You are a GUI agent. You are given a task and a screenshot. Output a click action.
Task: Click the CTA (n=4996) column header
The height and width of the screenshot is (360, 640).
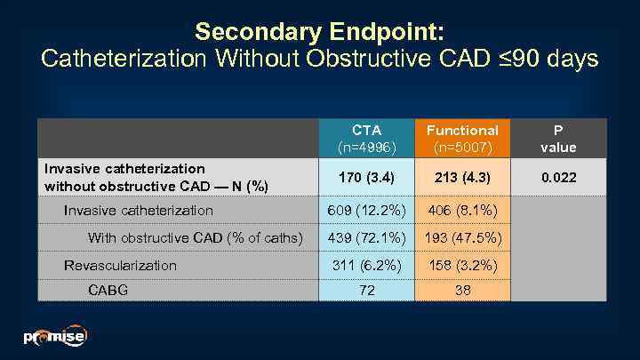(x=366, y=138)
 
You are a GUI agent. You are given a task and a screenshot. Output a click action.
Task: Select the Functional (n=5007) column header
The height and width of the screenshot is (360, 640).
(x=462, y=138)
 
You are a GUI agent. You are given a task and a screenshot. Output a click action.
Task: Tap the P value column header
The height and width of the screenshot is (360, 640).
(x=559, y=138)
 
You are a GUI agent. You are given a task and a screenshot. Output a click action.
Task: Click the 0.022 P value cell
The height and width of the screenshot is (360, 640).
(x=559, y=178)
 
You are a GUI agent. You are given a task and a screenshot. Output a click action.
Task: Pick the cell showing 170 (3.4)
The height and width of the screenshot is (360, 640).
(x=366, y=178)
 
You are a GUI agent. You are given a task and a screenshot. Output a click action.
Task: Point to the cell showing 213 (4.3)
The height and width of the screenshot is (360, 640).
(x=462, y=178)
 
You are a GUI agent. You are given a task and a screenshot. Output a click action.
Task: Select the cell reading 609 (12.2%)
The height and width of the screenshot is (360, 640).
(x=366, y=211)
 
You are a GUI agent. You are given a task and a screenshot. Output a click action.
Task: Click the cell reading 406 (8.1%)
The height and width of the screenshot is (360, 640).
(x=462, y=211)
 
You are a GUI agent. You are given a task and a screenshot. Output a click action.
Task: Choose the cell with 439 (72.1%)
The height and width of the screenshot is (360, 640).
(x=366, y=237)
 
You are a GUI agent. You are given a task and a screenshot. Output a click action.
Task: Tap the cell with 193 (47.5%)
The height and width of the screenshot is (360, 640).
(x=462, y=237)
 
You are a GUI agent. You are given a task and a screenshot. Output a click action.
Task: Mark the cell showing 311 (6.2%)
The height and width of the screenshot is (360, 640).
(x=366, y=265)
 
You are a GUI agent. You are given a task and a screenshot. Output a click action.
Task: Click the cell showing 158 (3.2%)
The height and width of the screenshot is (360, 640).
(x=462, y=265)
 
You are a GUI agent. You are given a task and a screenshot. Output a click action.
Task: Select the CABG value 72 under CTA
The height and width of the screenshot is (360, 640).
(x=366, y=291)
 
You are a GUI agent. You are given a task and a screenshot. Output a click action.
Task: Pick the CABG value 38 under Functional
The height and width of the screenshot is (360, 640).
(x=462, y=291)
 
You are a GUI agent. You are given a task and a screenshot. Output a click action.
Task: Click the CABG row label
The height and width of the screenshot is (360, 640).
(x=107, y=291)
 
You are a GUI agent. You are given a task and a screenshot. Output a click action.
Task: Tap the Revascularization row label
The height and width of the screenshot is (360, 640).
(x=120, y=265)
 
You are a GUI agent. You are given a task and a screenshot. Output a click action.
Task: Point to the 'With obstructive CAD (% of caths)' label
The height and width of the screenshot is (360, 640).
(x=195, y=237)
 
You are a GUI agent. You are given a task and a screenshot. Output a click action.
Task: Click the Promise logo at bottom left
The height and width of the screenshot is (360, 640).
(x=55, y=337)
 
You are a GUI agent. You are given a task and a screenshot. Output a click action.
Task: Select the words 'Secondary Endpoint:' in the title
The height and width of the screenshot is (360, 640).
(x=319, y=32)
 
